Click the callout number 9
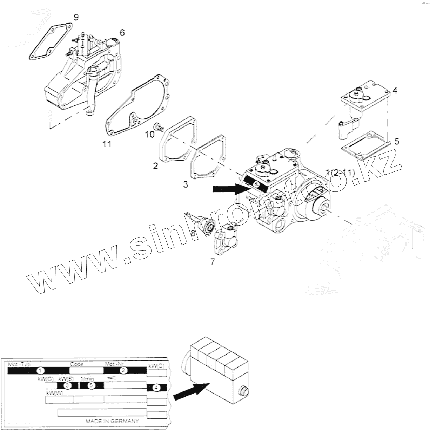coord(76,17)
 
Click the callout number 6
coord(122,32)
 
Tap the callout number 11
coord(107,144)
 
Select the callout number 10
coord(150,135)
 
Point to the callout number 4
coord(395,90)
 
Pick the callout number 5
coord(397,141)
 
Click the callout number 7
coord(213,261)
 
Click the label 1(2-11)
coord(340,172)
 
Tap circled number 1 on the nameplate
coord(41,370)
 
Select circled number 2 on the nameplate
coord(123,370)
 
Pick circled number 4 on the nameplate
coord(156,388)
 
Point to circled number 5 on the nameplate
coord(91,385)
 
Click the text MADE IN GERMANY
coord(112,421)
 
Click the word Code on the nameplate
coord(77,364)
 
